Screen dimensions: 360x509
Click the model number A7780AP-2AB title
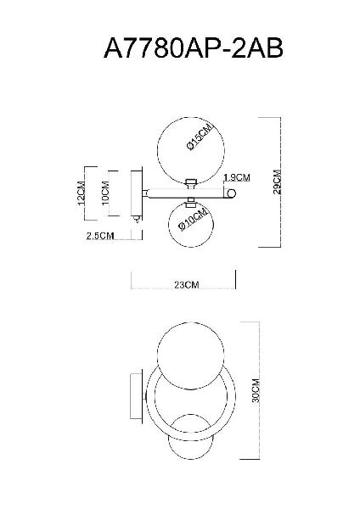tap(194, 48)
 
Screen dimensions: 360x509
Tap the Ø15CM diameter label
tap(200, 137)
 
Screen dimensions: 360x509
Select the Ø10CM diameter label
tap(193, 220)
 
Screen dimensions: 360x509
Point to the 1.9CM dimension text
tap(237, 177)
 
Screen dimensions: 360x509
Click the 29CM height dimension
tap(277, 182)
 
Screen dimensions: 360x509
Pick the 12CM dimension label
tap(82, 193)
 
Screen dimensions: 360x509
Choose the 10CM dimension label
tap(105, 193)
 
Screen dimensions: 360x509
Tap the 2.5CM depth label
tap(100, 236)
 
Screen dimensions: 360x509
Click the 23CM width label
tap(187, 285)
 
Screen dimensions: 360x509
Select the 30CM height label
tap(256, 390)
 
